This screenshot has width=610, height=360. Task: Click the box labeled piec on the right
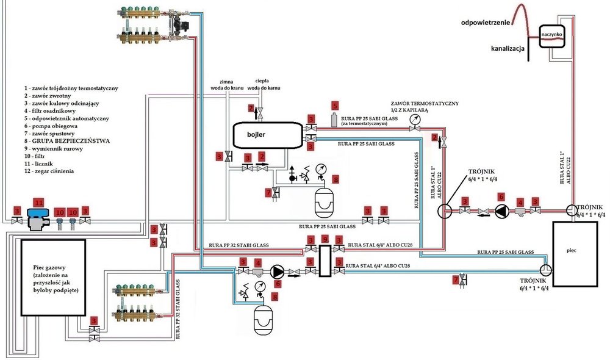[576, 251]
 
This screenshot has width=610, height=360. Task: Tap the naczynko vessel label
[551, 35]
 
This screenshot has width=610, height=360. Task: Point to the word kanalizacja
[509, 48]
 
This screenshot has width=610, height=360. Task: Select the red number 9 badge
[325, 239]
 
